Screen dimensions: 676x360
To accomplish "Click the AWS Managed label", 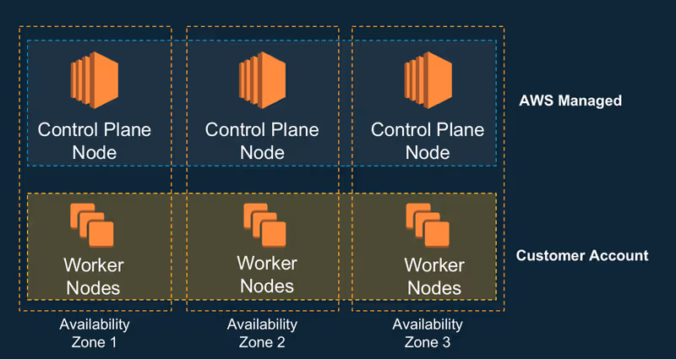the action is (570, 101).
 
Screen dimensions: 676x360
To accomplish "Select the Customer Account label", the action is (582, 255).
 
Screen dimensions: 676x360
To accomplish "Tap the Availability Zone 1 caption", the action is (95, 333).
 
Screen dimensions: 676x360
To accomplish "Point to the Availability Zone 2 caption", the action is (262, 333).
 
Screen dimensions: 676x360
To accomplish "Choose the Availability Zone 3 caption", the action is (428, 333).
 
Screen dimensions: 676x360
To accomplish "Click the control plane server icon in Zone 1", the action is (95, 80).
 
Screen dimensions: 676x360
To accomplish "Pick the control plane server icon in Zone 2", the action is (262, 80).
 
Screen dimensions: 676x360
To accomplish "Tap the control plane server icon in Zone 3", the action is (428, 80).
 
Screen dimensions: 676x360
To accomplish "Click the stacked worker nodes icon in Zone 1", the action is (92, 225).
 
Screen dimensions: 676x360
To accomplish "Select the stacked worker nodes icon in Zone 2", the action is (264, 225).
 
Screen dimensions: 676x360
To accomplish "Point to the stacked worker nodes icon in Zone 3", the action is (428, 225).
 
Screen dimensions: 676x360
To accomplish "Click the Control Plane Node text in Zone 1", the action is (95, 141).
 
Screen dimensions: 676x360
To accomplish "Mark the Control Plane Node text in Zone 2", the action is (262, 141).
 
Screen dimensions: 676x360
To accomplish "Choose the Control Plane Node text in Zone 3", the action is (428, 141).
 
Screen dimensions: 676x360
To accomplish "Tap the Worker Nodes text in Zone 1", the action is (94, 276).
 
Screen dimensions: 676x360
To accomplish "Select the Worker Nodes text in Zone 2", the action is (267, 275).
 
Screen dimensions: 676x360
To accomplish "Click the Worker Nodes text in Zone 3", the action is (434, 276).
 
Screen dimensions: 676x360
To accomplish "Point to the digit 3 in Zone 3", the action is (446, 342).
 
